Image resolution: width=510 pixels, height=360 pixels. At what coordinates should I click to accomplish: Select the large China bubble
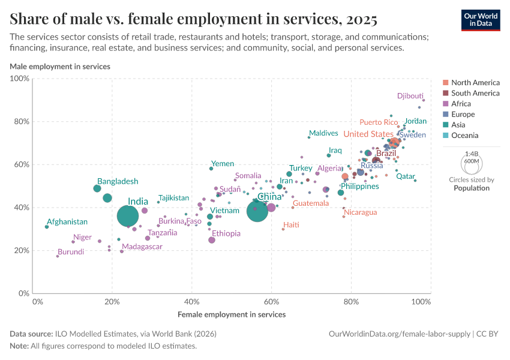pos(257,211)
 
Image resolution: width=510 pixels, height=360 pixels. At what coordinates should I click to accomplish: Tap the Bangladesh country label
pos(118,181)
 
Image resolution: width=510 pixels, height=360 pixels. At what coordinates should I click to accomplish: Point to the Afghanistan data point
pos(47,227)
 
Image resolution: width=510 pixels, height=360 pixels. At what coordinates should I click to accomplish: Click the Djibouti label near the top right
pos(410,96)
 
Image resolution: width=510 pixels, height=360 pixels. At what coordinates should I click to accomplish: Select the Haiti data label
pos(291,225)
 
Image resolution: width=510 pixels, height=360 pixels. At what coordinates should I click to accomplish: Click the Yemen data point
pos(211,169)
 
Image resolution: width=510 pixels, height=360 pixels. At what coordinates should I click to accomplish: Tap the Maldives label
pos(323,133)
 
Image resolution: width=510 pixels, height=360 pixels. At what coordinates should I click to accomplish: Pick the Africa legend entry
pos(461,104)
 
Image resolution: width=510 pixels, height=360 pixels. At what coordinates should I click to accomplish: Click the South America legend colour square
pos(445,93)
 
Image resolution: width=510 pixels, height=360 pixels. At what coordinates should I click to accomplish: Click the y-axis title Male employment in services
pos(59,66)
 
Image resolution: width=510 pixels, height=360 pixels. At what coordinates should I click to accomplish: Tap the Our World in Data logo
pos(481,19)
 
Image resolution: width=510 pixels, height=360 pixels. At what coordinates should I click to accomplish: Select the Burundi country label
pos(71,252)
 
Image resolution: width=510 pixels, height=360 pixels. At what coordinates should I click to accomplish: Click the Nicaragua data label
pos(360,212)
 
